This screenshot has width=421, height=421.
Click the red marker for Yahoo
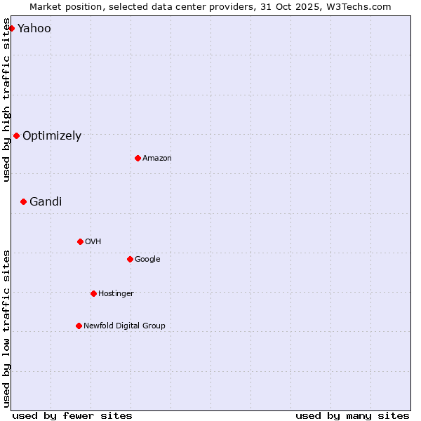[x=12, y=28]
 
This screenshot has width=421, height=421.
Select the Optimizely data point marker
[x=16, y=135]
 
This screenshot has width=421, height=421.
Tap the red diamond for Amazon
[x=138, y=158]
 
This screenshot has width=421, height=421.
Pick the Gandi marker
[x=23, y=201]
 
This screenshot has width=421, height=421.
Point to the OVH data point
[x=80, y=241]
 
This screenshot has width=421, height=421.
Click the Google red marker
[x=130, y=259]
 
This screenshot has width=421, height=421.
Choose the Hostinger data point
[x=93, y=293]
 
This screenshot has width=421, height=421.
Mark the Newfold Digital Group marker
[x=79, y=326]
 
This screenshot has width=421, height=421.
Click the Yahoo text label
[x=34, y=29]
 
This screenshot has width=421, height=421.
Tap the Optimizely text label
[x=52, y=136]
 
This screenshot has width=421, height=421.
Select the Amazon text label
[x=157, y=159]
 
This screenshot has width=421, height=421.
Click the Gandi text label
[x=46, y=202]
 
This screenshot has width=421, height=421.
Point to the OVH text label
[x=93, y=242]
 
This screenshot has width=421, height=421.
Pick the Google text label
[x=147, y=260]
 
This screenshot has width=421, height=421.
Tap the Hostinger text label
[x=116, y=294]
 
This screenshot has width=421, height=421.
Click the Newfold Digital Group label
[x=124, y=326]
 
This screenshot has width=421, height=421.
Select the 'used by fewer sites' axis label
[x=72, y=415]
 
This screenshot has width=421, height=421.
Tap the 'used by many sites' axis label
[x=352, y=415]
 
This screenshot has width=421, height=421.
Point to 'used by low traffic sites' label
[x=6, y=328]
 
